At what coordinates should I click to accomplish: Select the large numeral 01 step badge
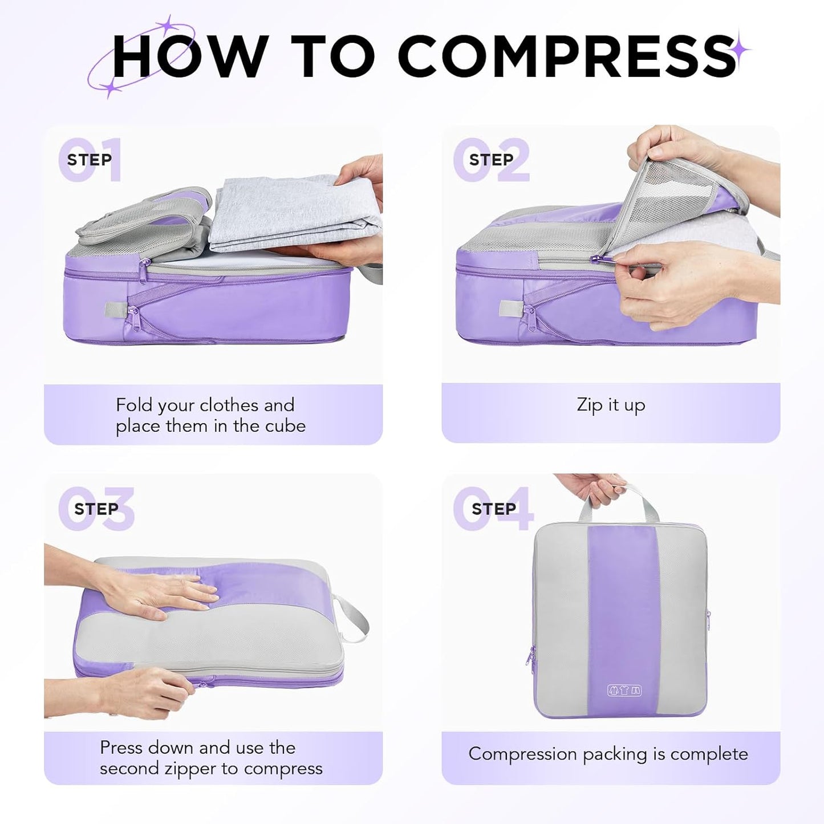coord(90,160)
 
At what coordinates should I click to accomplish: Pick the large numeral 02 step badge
coord(491,160)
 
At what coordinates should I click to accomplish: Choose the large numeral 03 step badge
coord(96,509)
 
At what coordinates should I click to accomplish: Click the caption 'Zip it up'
coord(611,405)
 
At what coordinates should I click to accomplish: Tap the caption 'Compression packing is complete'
coord(608,754)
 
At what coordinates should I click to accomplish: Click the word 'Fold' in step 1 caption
coord(135,405)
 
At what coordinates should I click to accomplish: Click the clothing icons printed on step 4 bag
coord(624,691)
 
